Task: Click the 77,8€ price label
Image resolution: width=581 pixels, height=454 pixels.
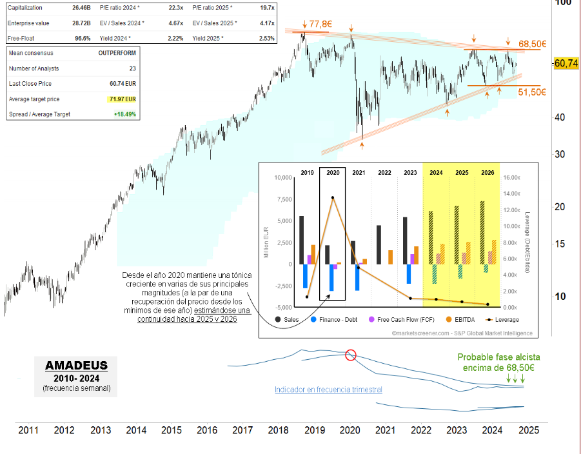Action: click(320, 25)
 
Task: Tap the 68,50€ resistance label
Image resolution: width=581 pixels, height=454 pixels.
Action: click(533, 44)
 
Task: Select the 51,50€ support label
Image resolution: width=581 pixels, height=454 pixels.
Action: click(532, 92)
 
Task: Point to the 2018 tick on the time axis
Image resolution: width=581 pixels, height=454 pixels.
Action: click(278, 429)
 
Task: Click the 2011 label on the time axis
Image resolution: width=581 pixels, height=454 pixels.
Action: click(27, 429)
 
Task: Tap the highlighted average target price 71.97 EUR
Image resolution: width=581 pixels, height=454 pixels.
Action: click(121, 99)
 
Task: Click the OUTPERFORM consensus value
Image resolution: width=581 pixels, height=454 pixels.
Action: click(117, 53)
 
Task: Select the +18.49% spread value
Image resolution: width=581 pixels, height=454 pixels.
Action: click(123, 114)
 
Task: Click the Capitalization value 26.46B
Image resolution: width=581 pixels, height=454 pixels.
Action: click(83, 8)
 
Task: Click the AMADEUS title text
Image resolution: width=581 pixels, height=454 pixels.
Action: click(76, 366)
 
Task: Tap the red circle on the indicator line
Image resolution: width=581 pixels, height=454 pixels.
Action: click(350, 355)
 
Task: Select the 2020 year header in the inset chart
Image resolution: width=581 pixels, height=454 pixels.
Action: click(333, 173)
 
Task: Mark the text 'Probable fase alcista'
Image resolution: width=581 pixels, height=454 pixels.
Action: click(498, 357)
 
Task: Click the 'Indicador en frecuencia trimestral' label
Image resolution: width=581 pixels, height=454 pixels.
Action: click(328, 390)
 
